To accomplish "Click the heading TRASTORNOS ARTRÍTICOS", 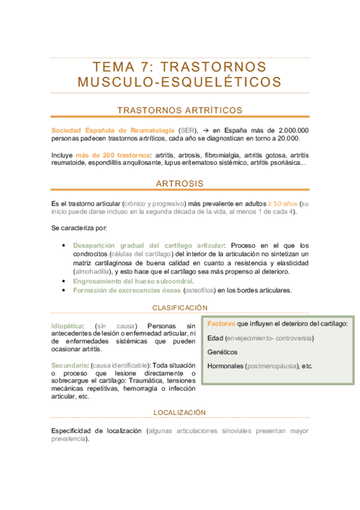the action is [x=180, y=110].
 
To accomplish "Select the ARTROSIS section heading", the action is [x=180, y=183].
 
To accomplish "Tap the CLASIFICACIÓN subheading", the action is [x=180, y=307].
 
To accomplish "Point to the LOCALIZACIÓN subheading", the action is [x=180, y=413].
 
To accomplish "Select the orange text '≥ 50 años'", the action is [x=282, y=203].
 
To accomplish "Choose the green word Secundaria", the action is [x=69, y=365].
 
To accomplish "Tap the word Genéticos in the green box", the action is [x=222, y=352].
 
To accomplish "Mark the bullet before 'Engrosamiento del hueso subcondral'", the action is [x=64, y=281].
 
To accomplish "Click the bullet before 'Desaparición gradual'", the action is [x=64, y=245].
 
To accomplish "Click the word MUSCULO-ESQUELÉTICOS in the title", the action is [x=180, y=81].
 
